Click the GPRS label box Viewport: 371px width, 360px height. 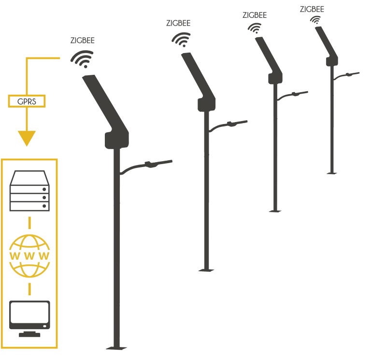tap(27, 101)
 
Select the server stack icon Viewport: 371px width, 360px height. tap(29, 191)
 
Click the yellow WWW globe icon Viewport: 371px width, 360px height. tap(29, 256)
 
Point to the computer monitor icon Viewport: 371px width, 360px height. tap(29, 318)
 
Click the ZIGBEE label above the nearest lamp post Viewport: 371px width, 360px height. tap(82, 41)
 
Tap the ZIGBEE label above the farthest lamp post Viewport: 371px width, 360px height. tap(312, 9)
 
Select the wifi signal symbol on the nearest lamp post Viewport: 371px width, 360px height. tap(82, 59)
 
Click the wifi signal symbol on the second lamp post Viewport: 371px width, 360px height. tap(181, 40)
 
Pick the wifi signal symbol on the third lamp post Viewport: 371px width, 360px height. tap(255, 28)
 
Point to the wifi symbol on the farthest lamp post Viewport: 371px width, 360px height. tap(315, 20)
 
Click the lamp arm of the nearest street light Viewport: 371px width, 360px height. tap(145, 166)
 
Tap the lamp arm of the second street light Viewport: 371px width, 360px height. tap(228, 125)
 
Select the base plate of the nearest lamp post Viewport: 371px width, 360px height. tap(116, 348)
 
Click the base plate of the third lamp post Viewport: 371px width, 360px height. tap(275, 211)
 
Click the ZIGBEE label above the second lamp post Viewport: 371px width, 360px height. tap(178, 23)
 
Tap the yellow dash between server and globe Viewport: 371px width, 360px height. tap(29, 223)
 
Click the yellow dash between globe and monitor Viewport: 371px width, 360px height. tap(29, 289)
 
